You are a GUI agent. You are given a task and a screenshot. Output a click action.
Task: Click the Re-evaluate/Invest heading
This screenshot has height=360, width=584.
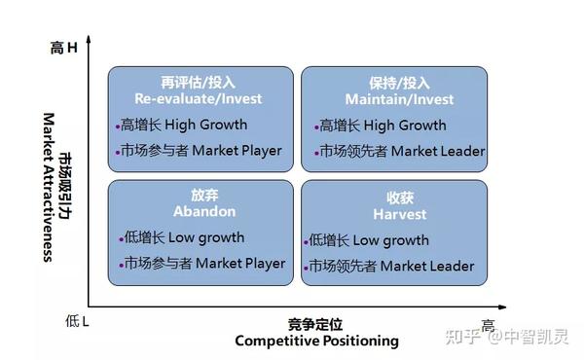pyautogui.click(x=199, y=98)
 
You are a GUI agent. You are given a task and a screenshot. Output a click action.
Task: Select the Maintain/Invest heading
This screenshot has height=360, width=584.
pyautogui.click(x=399, y=99)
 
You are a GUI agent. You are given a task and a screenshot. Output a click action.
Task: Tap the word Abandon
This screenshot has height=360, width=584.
pyautogui.click(x=204, y=211)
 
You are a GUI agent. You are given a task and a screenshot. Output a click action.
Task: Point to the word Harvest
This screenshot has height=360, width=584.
pyautogui.click(x=400, y=214)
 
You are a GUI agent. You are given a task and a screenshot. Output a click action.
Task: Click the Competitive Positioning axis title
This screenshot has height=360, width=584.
pyautogui.click(x=316, y=341)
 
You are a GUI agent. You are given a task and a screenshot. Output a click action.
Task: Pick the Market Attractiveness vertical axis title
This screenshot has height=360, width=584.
pyautogui.click(x=49, y=187)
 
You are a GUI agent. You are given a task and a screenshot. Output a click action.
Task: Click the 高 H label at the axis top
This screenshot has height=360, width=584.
pyautogui.click(x=63, y=48)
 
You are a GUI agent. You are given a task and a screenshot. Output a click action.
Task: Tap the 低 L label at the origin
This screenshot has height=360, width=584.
pyautogui.click(x=77, y=321)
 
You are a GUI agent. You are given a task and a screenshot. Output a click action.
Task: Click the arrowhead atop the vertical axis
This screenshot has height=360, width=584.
pyautogui.click(x=89, y=39)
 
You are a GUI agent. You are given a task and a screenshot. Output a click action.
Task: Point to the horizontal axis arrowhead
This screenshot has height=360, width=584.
pyautogui.click(x=502, y=307)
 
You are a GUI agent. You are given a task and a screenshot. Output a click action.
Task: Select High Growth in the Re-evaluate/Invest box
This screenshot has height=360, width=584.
pyautogui.click(x=205, y=126)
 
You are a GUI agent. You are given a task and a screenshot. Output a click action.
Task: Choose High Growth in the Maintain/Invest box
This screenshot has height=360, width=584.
pyautogui.click(x=405, y=126)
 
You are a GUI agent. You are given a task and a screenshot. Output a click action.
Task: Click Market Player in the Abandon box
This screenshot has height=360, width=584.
pyautogui.click(x=240, y=264)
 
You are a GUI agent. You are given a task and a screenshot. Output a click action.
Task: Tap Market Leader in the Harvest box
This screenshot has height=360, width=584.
pyautogui.click(x=427, y=267)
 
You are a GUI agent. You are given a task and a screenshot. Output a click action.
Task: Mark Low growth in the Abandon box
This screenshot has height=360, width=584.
pyautogui.click(x=206, y=237)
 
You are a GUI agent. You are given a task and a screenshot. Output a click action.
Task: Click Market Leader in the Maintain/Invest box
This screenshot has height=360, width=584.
pyautogui.click(x=438, y=152)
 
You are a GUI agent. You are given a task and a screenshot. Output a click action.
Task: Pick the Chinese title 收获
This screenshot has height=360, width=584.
pyautogui.click(x=400, y=198)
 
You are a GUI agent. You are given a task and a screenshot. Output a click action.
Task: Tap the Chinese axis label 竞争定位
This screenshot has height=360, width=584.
pyautogui.click(x=315, y=325)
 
